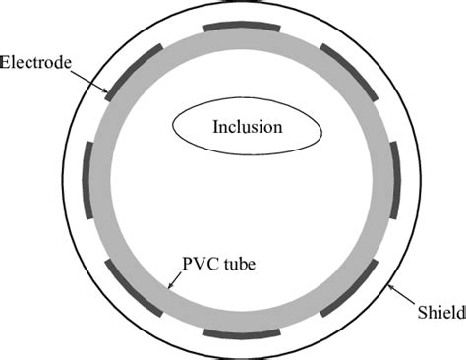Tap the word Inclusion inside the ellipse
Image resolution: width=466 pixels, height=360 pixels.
(248, 127)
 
